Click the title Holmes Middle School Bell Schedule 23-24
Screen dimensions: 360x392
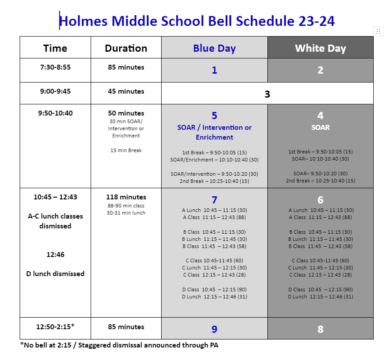196,21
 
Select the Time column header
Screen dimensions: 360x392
55,48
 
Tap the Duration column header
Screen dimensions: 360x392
126,48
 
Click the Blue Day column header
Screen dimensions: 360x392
214,48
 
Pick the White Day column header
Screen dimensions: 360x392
320,48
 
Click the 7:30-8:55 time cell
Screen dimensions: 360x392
55,67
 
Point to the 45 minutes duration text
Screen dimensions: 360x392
126,91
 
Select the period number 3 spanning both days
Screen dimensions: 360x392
267,94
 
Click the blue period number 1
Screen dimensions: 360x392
214,70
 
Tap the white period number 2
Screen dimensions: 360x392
320,70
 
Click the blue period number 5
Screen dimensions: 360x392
214,116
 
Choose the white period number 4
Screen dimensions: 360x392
320,116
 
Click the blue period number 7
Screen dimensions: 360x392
214,200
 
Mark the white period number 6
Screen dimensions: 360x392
320,200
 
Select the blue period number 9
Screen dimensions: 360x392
214,329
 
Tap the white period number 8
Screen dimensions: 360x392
320,329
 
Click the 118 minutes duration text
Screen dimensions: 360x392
126,197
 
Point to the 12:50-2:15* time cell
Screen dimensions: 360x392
55,327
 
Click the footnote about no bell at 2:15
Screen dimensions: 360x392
119,345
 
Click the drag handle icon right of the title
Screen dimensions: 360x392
378,31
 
